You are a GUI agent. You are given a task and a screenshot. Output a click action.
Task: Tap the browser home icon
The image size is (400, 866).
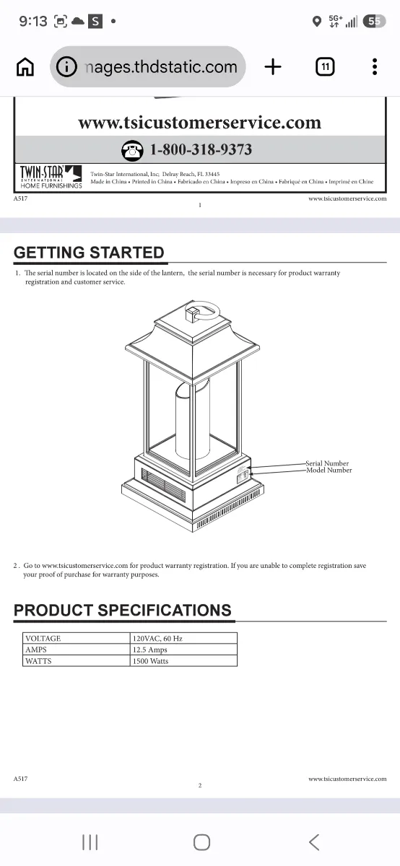click(x=25, y=67)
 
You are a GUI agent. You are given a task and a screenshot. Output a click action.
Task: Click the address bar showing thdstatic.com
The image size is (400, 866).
click(x=147, y=67)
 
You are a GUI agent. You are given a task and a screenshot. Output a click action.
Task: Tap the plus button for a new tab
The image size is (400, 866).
click(x=273, y=66)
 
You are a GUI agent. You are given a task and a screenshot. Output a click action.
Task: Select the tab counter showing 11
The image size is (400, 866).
click(x=325, y=67)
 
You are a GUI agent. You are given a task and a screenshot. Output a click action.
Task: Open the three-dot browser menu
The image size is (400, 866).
click(x=375, y=67)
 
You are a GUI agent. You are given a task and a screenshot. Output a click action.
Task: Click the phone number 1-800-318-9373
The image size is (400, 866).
click(x=201, y=149)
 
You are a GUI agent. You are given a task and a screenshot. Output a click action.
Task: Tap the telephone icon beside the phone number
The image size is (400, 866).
click(x=132, y=150)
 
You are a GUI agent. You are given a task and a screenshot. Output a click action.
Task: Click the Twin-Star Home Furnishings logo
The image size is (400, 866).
click(x=51, y=177)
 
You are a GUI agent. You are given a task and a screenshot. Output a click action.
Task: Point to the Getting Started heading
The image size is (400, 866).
click(x=89, y=253)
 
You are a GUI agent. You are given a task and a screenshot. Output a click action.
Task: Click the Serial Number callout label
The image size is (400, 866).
click(x=327, y=463)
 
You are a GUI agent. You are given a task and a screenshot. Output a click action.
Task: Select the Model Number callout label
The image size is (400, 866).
click(x=329, y=470)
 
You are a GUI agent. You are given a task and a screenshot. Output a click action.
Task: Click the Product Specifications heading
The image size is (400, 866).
click(x=123, y=610)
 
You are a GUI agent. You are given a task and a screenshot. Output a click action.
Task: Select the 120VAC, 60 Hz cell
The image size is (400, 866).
click(x=183, y=638)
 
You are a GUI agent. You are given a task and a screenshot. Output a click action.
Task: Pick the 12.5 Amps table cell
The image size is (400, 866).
click(x=183, y=649)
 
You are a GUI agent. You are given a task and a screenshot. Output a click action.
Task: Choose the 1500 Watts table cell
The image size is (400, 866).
click(x=183, y=661)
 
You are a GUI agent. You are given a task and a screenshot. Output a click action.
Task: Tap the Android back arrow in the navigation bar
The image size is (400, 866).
click(x=314, y=841)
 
